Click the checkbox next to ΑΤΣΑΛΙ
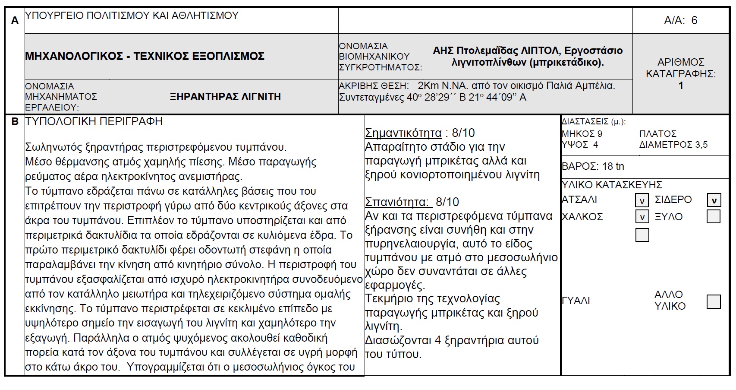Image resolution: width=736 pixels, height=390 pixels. click(642, 200)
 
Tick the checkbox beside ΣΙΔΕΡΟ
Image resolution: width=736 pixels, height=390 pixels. click(714, 200)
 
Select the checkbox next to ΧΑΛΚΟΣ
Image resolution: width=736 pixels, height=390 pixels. click(642, 217)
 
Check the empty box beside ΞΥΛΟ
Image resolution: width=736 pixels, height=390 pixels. click(714, 216)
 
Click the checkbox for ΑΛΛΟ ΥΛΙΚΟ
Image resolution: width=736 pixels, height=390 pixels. click(714, 301)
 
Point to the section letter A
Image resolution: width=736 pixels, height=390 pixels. click(15, 20)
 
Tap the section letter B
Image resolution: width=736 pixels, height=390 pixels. click(15, 122)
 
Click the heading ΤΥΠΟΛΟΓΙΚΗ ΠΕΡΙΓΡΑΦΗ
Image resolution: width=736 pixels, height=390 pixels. click(94, 122)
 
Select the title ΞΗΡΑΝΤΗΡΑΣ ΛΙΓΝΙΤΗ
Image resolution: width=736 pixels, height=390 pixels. click(225, 97)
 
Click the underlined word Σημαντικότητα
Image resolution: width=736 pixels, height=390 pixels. click(403, 133)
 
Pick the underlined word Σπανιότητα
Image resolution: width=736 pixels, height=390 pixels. click(397, 202)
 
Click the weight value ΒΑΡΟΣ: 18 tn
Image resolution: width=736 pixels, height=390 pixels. click(593, 166)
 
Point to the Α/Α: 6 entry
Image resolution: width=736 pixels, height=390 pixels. click(680, 20)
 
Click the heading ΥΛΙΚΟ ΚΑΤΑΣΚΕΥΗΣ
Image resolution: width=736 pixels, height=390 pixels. click(612, 185)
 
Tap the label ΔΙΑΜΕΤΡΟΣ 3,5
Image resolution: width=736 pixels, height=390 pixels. click(673, 145)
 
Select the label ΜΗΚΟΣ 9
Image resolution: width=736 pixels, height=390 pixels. click(582, 133)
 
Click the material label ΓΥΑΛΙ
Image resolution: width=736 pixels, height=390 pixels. click(576, 301)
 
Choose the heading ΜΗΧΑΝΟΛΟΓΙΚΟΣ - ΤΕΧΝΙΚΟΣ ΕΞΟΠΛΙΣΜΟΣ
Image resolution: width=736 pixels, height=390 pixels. click(145, 56)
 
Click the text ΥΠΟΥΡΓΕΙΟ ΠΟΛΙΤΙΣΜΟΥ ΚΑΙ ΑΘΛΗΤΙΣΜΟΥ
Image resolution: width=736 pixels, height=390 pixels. click(132, 16)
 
